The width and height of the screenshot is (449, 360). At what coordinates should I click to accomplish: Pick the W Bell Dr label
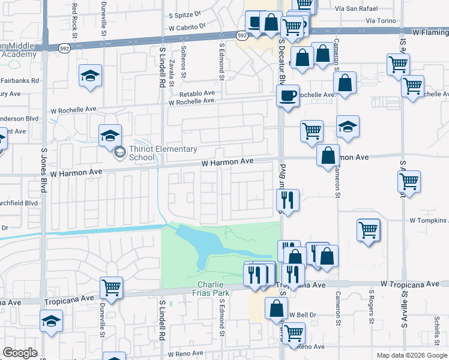click(302, 314)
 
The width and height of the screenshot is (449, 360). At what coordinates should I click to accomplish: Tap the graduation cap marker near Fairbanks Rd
click(90, 76)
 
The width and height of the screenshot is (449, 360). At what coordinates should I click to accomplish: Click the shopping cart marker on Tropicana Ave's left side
click(111, 287)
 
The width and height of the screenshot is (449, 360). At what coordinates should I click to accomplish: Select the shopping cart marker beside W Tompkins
click(368, 229)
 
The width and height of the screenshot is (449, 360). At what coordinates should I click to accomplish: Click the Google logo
click(20, 353)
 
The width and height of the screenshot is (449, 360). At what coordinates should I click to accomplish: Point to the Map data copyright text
click(411, 355)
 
